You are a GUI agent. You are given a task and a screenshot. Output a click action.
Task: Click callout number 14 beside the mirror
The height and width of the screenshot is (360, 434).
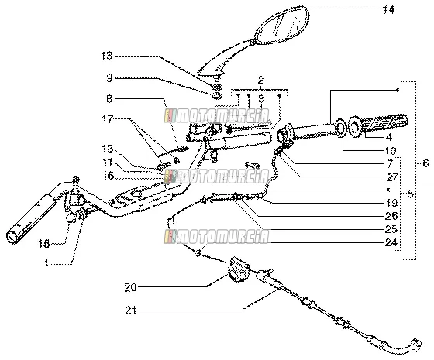[388, 10]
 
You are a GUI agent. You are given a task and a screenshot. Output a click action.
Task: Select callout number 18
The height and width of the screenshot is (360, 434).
[107, 56]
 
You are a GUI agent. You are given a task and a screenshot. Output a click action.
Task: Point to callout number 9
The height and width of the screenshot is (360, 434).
[109, 78]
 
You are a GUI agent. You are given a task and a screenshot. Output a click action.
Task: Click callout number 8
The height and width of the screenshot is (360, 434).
[109, 99]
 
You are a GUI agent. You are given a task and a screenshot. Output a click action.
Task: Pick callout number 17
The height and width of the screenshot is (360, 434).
[107, 119]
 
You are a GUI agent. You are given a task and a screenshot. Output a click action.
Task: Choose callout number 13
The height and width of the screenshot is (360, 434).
[107, 149]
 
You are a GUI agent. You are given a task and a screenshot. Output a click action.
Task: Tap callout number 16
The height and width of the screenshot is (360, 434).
[108, 175]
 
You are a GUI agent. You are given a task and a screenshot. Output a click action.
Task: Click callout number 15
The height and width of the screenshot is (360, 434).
[44, 244]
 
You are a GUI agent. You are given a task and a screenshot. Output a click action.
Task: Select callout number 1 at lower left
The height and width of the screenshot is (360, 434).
[46, 263]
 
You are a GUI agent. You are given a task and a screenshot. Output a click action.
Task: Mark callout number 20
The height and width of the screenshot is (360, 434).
[130, 287]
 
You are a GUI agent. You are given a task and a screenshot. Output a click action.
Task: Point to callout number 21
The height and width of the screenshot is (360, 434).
[131, 310]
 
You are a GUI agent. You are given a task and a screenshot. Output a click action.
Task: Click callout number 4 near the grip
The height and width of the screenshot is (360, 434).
[388, 137]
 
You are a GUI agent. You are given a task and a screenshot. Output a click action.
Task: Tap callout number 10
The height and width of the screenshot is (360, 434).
[391, 151]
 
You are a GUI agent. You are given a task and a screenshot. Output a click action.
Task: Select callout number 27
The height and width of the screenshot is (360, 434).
[392, 177]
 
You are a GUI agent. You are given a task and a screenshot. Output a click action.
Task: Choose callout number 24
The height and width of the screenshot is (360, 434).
[391, 242]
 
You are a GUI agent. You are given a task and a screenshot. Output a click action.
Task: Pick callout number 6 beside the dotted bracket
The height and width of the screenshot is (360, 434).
[425, 163]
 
